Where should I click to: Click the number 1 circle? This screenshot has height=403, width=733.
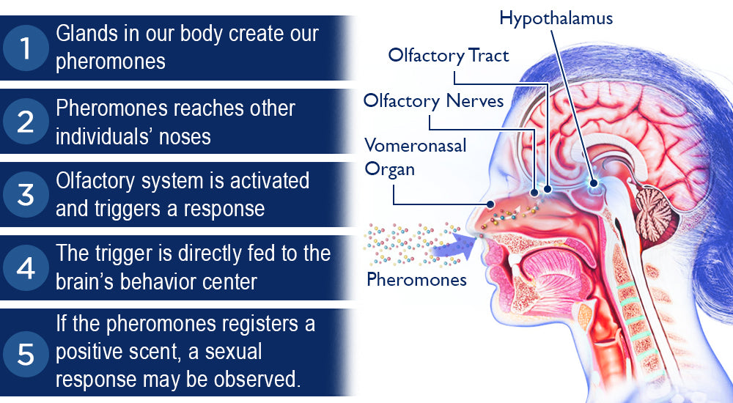click(x=26, y=48)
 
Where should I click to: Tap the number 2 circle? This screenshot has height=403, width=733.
click(x=26, y=121)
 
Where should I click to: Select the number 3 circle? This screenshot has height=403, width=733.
click(x=26, y=194)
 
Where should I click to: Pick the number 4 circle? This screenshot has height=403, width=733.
click(x=26, y=268)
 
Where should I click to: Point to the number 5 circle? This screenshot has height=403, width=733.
click(x=26, y=354)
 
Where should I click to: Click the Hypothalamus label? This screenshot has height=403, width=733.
click(x=556, y=19)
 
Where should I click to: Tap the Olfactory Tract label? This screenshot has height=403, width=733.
click(x=449, y=56)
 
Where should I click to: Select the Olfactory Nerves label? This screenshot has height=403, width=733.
click(x=433, y=101)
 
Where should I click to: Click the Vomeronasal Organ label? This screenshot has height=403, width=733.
click(x=415, y=158)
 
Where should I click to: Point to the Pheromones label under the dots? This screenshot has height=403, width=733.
click(x=416, y=280)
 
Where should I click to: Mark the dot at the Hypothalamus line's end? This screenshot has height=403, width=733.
click(x=594, y=184)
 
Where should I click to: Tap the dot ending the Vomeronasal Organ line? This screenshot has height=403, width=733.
click(x=490, y=204)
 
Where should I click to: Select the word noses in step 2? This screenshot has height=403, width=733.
click(x=185, y=137)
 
